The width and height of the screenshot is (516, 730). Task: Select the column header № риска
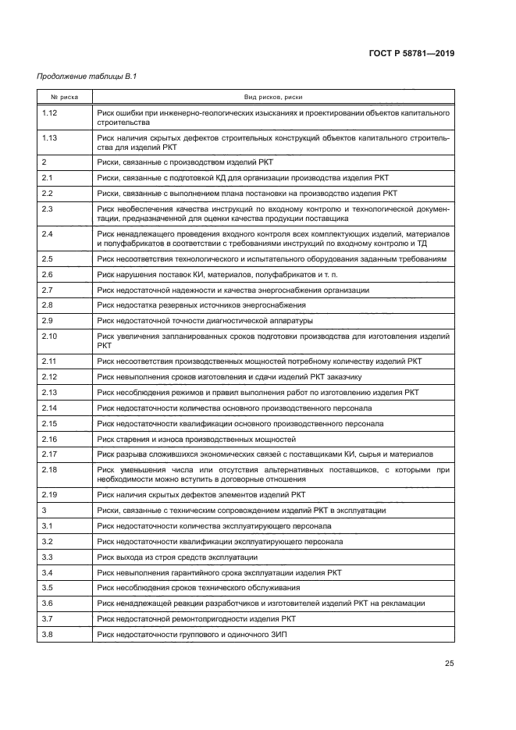tap(62, 97)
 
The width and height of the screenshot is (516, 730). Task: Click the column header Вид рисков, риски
tap(272, 97)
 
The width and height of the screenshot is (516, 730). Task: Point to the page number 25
tap(449, 664)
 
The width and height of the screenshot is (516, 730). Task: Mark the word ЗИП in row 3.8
tap(279, 633)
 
